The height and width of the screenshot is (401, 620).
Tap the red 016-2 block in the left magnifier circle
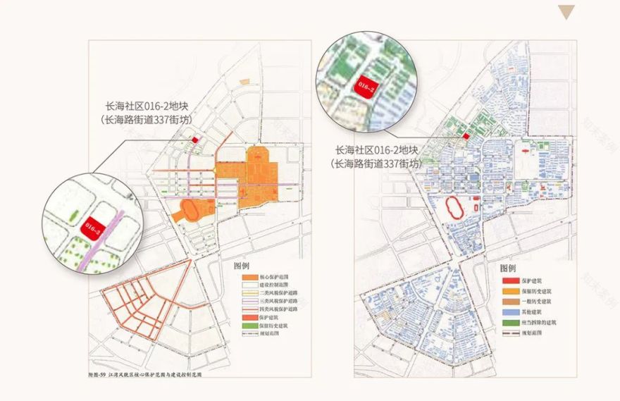(x=93, y=227)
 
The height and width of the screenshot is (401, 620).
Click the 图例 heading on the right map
(x=508, y=269)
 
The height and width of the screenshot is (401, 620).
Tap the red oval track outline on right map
(x=457, y=209)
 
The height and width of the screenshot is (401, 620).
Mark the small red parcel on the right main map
(x=466, y=135)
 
